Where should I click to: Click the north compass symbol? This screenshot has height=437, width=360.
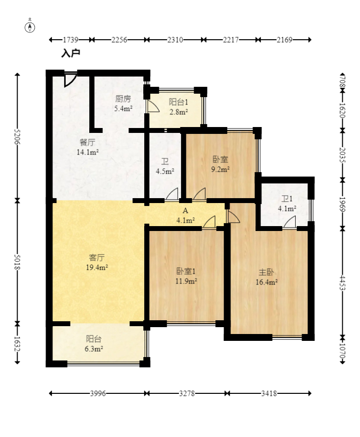coord(30,27)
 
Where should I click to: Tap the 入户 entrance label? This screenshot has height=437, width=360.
coord(71,53)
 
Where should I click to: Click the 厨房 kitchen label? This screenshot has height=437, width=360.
coord(123,99)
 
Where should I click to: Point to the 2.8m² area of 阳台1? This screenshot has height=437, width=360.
coord(179,112)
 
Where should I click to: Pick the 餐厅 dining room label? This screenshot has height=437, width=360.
coord(87,142)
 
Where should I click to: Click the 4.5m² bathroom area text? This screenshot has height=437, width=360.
coord(165,171)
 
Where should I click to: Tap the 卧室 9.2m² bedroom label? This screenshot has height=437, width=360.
coord(220,159)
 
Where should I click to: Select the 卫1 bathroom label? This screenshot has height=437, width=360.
coord(287,199)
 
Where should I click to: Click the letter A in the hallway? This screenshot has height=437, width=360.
coord(185,211)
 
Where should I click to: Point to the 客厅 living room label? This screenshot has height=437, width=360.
coord(97,257)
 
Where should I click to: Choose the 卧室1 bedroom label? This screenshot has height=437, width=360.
coord(186,271)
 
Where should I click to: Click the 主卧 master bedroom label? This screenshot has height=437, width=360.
coord(266,272)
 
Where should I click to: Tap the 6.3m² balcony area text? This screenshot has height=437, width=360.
coord(94,349)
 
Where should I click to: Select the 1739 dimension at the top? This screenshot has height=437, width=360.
coord(71,40)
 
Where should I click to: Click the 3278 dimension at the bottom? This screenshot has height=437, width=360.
coord(187,393)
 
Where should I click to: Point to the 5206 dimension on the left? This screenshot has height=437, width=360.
coord(17,136)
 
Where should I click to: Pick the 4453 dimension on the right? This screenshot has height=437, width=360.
coord(342,283)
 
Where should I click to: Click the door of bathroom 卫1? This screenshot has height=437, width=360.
coord(290,222)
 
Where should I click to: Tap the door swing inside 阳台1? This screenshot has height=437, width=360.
coord(153,106)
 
